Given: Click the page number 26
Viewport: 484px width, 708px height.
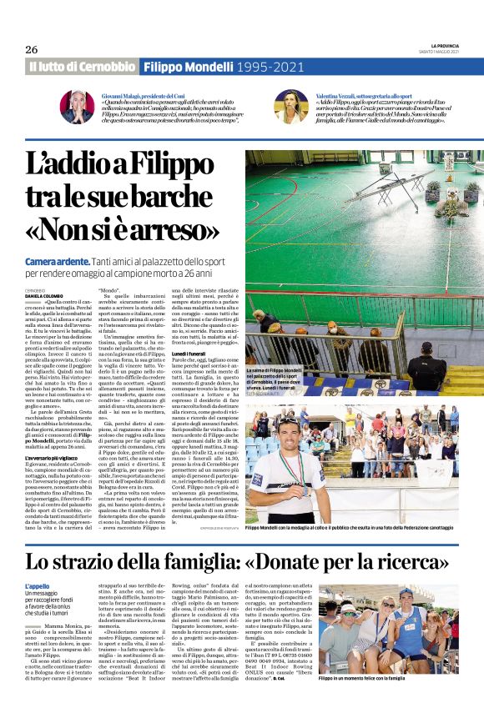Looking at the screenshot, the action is tap(32, 49).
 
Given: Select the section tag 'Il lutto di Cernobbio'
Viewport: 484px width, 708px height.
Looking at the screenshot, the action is tap(81, 66).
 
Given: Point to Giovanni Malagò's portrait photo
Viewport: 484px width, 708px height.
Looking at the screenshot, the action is tap(76, 106).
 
